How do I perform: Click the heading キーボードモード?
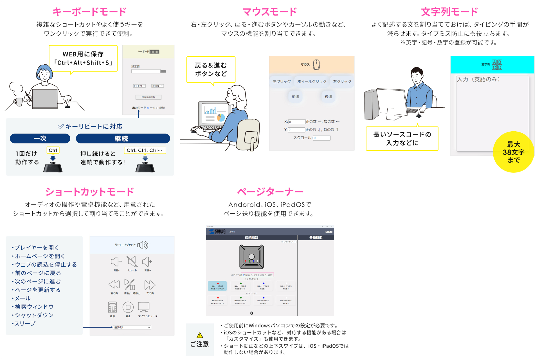pyautogui.click(x=89, y=12)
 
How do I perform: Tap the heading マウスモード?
pyautogui.click(x=269, y=12)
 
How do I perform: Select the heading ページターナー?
pyautogui.click(x=270, y=192)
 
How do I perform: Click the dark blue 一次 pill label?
pyautogui.click(x=40, y=138)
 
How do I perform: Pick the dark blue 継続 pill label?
pyautogui.click(x=123, y=138)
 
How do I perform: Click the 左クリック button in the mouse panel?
pyautogui.click(x=282, y=82)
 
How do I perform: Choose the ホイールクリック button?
pyautogui.click(x=312, y=82)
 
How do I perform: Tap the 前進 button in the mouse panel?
pyautogui.click(x=295, y=96)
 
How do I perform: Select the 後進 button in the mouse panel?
pyautogui.click(x=328, y=96)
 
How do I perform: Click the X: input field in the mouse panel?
pyautogui.click(x=297, y=122)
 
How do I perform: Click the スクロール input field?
pyautogui.click(x=322, y=138)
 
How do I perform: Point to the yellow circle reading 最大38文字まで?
pyautogui.click(x=513, y=152)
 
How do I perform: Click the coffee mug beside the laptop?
pyautogui.click(x=19, y=102)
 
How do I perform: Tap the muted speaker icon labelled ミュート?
pyautogui.click(x=132, y=262)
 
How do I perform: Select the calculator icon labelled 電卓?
pyautogui.click(x=112, y=308)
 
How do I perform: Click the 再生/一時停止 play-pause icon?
pyautogui.click(x=130, y=285)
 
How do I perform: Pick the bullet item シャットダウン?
pyautogui.click(x=34, y=315)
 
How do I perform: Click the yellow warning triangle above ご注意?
pyautogui.click(x=200, y=335)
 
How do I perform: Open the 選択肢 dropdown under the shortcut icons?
pyautogui.click(x=132, y=327)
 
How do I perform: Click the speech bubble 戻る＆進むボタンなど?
pyautogui.click(x=211, y=69)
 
